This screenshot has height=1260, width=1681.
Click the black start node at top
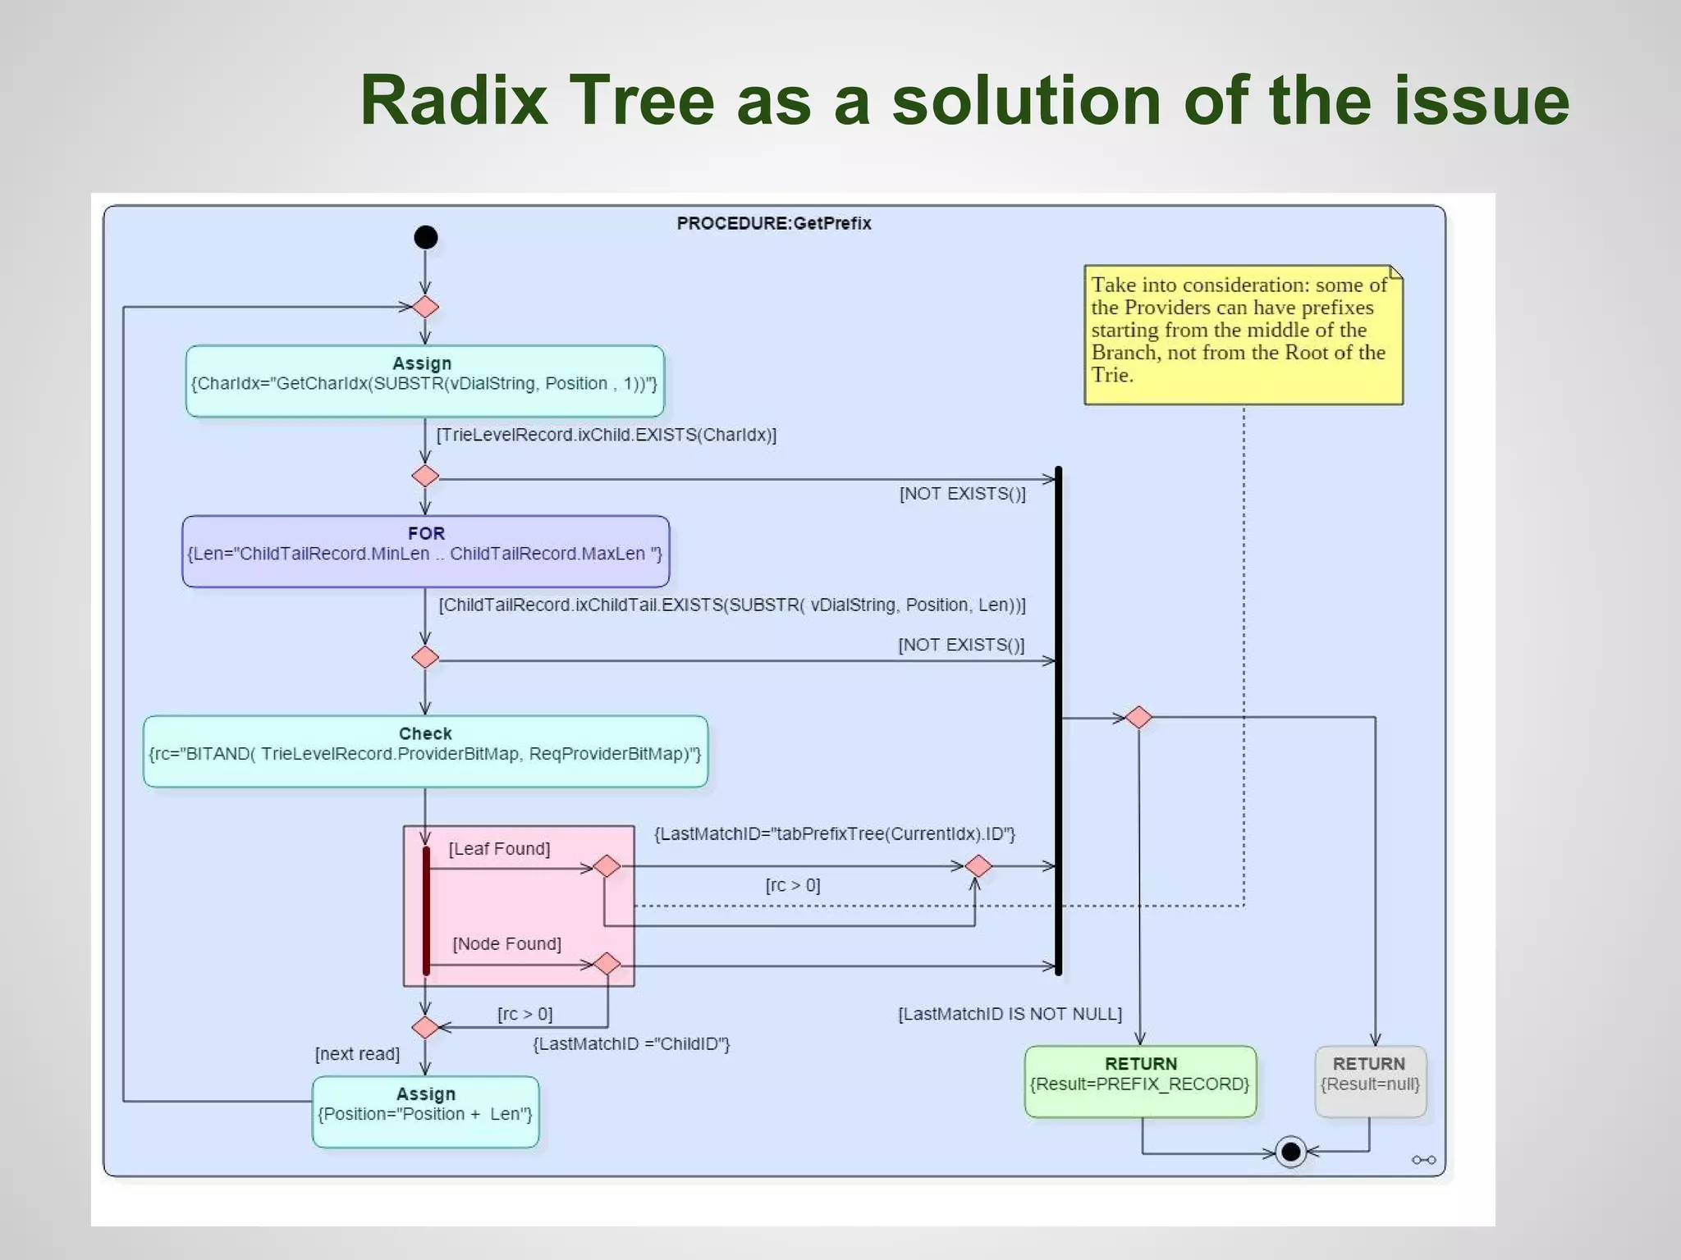pos(425,237)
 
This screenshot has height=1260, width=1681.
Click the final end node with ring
pos(1290,1152)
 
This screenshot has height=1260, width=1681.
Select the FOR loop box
pos(425,551)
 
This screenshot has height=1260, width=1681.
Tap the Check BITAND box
pos(425,751)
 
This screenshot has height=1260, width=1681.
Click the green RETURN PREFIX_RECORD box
pos(1140,1081)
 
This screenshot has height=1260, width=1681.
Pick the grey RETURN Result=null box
pos(1370,1081)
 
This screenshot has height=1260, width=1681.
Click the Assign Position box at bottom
pos(425,1112)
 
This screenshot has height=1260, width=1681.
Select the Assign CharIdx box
pos(424,381)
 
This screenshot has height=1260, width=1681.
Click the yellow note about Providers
pos(1243,335)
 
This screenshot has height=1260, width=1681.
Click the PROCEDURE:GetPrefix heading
pos(773,223)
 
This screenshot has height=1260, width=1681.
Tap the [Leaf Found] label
pos(499,849)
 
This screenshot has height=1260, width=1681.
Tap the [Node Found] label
pos(506,944)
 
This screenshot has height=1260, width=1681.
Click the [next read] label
pos(357,1054)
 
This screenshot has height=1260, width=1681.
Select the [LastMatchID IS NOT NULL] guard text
pos(1010,1014)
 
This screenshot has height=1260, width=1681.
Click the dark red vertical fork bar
pos(426,911)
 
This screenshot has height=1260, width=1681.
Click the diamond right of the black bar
pos(1138,717)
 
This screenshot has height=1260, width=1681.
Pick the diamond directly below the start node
pos(425,307)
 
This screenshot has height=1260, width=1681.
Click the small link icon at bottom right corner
pos(1423,1160)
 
